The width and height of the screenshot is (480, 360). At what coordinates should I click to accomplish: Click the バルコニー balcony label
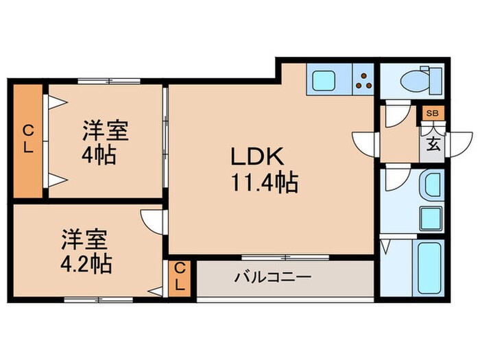point(273,278)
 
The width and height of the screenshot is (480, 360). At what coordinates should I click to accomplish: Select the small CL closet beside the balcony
point(179,278)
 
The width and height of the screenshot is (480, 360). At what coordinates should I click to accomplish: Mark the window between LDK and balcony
point(284,257)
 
